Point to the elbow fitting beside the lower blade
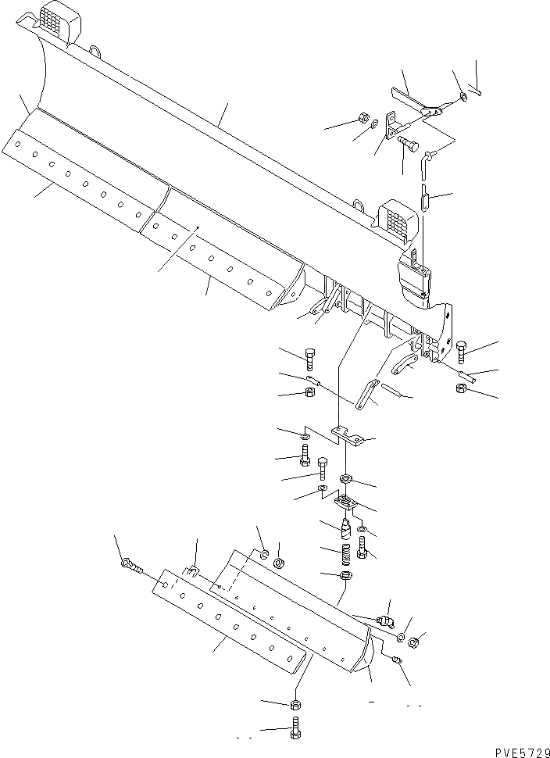384,623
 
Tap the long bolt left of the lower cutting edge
130,567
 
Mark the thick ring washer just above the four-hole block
345,478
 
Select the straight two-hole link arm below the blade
367,395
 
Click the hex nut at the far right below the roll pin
462,388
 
